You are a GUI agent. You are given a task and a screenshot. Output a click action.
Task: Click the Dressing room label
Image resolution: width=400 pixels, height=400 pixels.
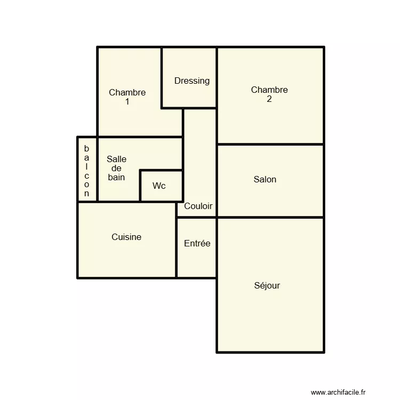pyautogui.click(x=192, y=81)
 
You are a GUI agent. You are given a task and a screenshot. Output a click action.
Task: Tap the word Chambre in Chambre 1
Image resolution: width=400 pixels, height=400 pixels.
pyautogui.click(x=127, y=92)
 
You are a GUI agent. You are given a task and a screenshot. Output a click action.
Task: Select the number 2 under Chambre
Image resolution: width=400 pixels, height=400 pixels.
pyautogui.click(x=269, y=99)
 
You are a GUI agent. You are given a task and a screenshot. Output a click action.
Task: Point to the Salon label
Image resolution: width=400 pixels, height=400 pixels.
pyautogui.click(x=265, y=180)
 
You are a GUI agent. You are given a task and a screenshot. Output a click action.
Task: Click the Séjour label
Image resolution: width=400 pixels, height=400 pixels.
pyautogui.click(x=267, y=286)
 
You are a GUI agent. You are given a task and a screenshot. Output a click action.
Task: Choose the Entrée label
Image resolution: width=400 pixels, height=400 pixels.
pyautogui.click(x=197, y=244)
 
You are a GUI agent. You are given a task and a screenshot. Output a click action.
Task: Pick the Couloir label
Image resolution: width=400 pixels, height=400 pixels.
pyautogui.click(x=198, y=206)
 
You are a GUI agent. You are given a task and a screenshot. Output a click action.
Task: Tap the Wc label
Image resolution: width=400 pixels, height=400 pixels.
pyautogui.click(x=159, y=186)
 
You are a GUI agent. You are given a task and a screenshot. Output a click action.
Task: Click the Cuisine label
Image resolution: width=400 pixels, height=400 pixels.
pyautogui.click(x=126, y=237)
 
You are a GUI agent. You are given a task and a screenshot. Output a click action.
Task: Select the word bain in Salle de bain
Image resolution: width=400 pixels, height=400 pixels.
pyautogui.click(x=116, y=177)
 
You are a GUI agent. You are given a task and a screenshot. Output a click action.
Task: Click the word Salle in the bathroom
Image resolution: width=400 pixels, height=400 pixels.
pyautogui.click(x=116, y=159)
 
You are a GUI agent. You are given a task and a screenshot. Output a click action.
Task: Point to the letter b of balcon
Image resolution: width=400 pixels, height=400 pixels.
pyautogui.click(x=87, y=148)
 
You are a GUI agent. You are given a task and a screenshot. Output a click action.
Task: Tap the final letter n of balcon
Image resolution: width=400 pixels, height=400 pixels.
pyautogui.click(x=87, y=194)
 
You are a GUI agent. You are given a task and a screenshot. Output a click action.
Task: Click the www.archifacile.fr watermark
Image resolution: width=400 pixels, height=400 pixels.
pyautogui.click(x=339, y=392)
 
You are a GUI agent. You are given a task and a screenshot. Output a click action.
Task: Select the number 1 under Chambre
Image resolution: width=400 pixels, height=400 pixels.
pyautogui.click(x=127, y=101)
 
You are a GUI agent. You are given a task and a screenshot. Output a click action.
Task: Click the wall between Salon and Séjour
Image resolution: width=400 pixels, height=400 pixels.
pyautogui.click(x=270, y=218)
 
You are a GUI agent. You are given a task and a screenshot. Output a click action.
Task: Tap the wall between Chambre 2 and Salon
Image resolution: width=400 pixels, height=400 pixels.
pyautogui.click(x=270, y=144)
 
